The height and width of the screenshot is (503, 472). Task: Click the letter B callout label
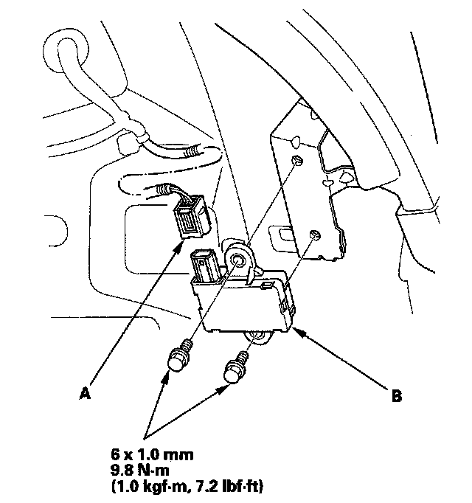pos(397,396)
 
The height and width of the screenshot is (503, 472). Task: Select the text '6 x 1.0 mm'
pos(152,455)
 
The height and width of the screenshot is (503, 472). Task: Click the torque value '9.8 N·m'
pos(139,471)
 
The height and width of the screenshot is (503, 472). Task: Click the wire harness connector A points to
pos(192,217)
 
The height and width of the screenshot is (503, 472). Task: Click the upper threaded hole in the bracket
pos(297,160)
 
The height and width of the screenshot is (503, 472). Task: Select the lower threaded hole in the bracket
pos(315,235)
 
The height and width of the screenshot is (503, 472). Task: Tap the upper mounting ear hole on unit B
pos(238,260)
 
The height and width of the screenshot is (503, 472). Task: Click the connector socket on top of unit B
pos(204,266)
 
